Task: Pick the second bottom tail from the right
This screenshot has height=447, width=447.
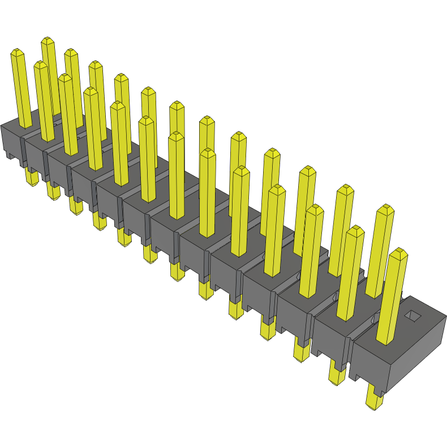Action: (337, 373)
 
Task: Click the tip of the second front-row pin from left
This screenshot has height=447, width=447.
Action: (41, 65)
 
